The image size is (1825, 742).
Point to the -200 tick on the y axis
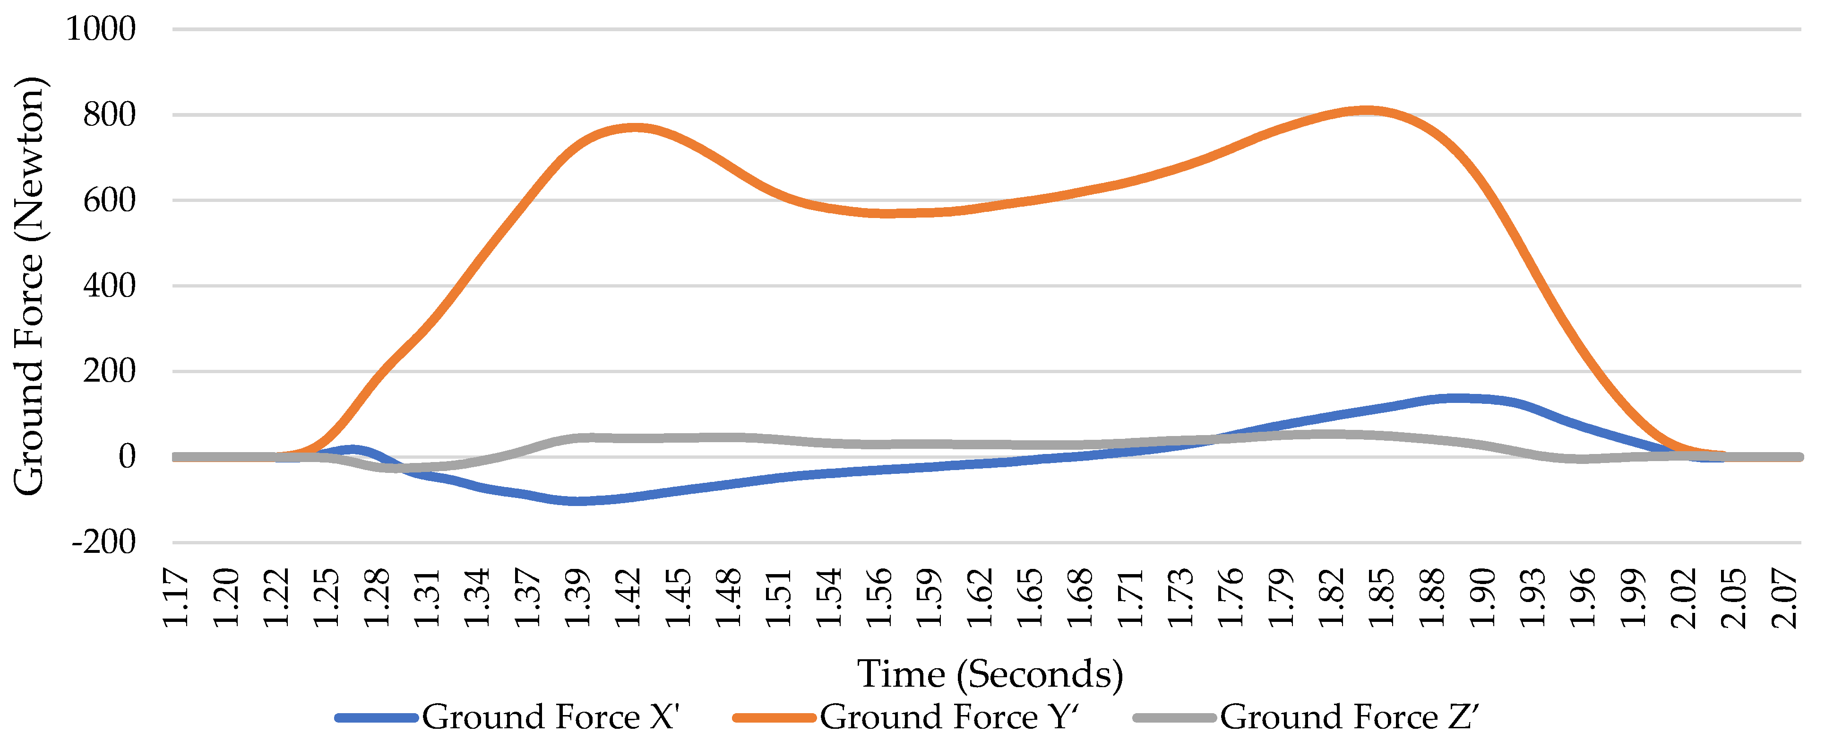click(103, 543)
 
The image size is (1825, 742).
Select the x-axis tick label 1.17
click(176, 597)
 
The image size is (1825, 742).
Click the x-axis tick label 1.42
click(628, 597)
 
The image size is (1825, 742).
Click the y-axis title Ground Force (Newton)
click(30, 286)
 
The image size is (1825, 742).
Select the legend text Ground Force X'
click(551, 717)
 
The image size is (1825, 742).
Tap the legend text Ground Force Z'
click(1349, 717)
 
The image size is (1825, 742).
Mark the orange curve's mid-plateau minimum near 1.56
click(889, 213)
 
